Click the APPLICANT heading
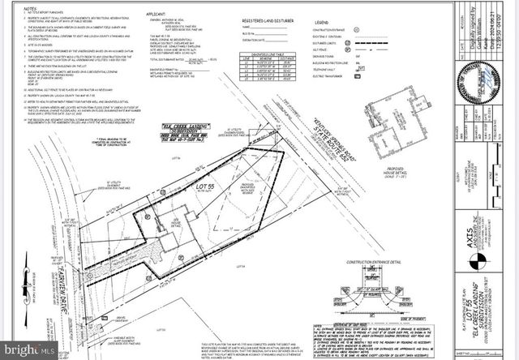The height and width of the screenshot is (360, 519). [154, 15]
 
